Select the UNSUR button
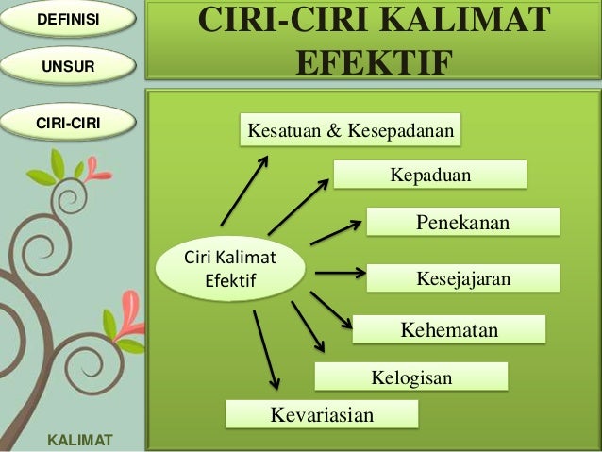click(x=68, y=67)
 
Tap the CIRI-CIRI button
click(x=68, y=123)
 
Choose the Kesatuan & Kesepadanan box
click(x=350, y=131)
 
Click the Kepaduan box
click(x=430, y=176)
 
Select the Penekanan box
click(x=462, y=223)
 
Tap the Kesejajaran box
click(x=462, y=278)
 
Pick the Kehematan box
click(x=449, y=329)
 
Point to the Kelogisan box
click(x=411, y=377)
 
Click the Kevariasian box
click(x=322, y=414)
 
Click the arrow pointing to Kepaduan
click(x=298, y=205)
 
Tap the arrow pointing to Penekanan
click(x=337, y=231)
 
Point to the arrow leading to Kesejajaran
click(x=340, y=274)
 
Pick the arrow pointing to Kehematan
click(x=331, y=310)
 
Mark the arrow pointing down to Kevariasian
click(x=265, y=349)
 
